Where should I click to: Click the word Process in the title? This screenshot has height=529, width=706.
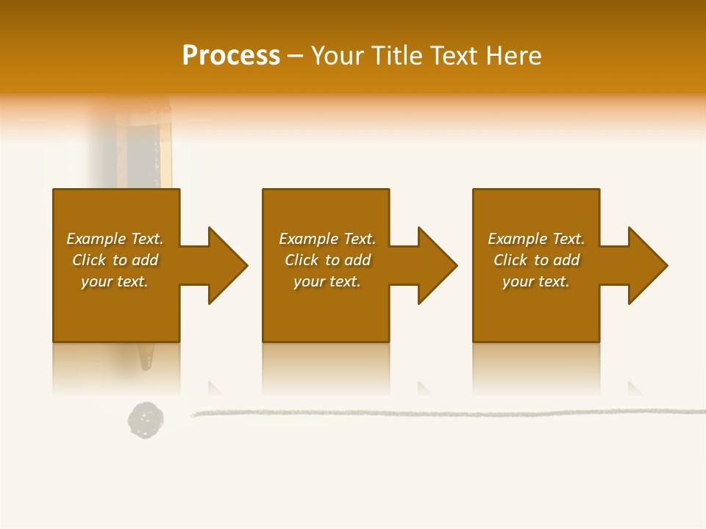click(x=231, y=56)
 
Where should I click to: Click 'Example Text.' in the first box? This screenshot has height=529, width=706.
click(x=115, y=239)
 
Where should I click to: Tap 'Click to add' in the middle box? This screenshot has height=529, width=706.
click(x=327, y=260)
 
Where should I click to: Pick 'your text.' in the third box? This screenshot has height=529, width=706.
click(x=536, y=281)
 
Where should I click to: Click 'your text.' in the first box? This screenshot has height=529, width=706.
click(x=115, y=281)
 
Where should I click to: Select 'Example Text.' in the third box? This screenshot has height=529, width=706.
click(x=536, y=239)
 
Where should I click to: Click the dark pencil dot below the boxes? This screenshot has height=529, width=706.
click(x=145, y=420)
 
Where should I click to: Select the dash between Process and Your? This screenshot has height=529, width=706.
click(x=295, y=56)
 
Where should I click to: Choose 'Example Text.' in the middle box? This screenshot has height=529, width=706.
click(x=327, y=239)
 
